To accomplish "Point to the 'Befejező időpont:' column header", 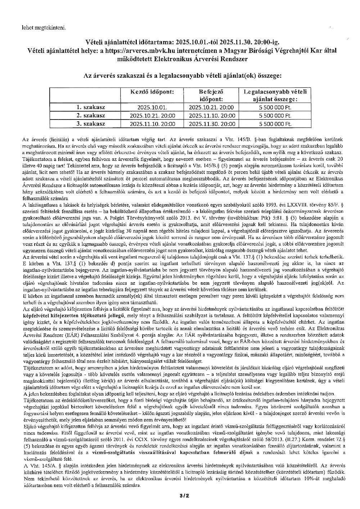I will coord(211,95).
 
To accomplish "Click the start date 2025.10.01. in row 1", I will coord(152,107).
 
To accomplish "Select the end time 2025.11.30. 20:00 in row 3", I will coord(211,124).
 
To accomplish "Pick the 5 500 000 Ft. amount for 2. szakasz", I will coord(275,116).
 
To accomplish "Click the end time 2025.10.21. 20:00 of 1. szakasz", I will coord(211,107).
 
